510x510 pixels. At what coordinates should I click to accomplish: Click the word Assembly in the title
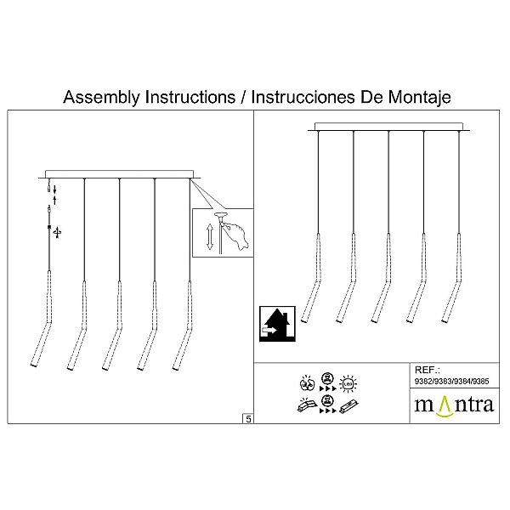(x=102, y=98)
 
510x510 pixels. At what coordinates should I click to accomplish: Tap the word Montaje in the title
(x=420, y=98)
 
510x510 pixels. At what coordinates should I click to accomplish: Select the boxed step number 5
(x=248, y=419)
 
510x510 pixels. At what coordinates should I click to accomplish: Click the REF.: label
(x=427, y=370)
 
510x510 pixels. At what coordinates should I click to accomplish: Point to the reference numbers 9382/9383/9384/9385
(x=452, y=381)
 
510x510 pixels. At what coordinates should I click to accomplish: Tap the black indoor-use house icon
(x=277, y=324)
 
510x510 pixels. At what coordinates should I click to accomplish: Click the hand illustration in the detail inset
(x=237, y=235)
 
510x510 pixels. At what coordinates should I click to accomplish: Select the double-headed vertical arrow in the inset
(x=210, y=236)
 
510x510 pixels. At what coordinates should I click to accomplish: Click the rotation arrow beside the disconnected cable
(x=57, y=232)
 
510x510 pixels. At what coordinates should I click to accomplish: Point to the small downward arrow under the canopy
(x=54, y=190)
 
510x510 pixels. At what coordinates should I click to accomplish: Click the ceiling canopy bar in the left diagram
(x=119, y=174)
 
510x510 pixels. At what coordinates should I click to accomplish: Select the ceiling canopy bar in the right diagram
(x=388, y=127)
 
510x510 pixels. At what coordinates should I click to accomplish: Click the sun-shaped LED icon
(x=348, y=384)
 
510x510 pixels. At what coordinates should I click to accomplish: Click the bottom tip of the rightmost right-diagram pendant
(x=444, y=321)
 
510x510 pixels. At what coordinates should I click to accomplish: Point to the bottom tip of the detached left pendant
(x=33, y=365)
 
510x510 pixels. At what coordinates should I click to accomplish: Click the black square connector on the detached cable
(x=49, y=227)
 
